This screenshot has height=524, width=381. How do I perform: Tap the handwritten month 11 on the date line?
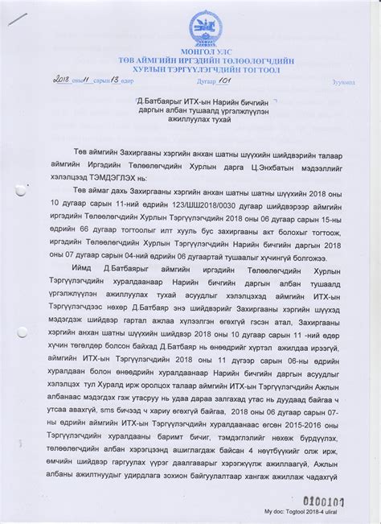[x=90, y=81]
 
